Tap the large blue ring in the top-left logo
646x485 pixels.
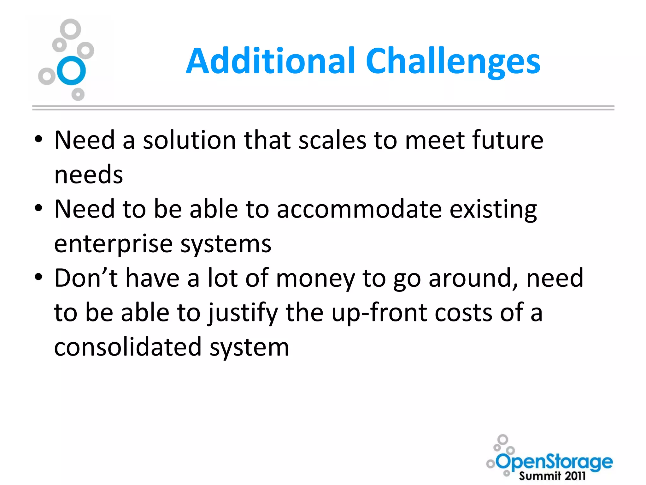click(71, 70)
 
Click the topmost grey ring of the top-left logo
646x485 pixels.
click(70, 29)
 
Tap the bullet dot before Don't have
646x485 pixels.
click(38, 277)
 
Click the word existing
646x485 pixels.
click(493, 210)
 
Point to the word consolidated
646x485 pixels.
click(128, 347)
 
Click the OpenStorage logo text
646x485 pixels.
click(555, 462)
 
